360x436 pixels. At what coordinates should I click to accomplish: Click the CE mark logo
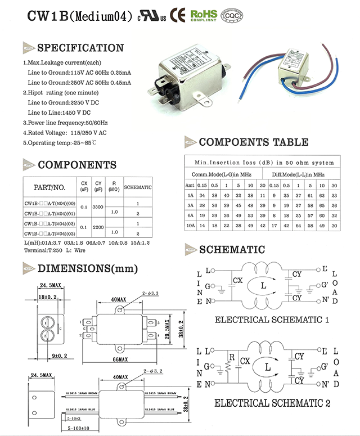pyautogui.click(x=178, y=14)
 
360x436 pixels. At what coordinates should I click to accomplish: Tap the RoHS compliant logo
pyautogui.click(x=203, y=14)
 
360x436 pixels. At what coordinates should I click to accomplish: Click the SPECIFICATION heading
pyautogui.click(x=80, y=48)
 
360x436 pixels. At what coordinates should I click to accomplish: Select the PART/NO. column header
pyautogui.click(x=49, y=187)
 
